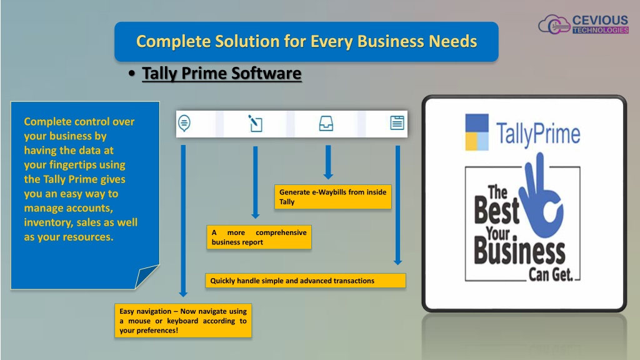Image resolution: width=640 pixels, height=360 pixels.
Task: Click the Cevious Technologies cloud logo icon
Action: tap(554, 24)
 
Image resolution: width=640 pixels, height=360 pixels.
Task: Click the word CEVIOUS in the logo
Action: tap(600, 20)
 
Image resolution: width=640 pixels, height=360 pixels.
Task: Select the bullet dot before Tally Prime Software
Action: tap(131, 74)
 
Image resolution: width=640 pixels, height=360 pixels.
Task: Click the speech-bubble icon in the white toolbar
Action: tap(184, 123)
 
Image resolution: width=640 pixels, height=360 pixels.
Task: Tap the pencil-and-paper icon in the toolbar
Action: tap(255, 123)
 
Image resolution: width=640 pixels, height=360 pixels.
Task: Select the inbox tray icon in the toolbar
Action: tap(326, 123)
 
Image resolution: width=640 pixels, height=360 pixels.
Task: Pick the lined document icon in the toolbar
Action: tap(397, 123)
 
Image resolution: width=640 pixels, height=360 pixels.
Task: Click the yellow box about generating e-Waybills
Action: tap(332, 197)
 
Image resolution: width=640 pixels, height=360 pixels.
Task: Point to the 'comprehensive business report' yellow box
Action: tap(259, 237)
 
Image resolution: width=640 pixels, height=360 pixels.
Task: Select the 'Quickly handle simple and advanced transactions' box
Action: tap(305, 281)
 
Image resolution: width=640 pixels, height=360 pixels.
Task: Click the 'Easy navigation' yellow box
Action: tap(183, 321)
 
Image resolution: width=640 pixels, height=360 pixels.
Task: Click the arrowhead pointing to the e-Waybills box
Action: tap(328, 176)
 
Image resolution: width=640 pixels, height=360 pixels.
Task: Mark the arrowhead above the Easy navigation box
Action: tap(183, 294)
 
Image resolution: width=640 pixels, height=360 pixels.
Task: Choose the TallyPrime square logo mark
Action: tap(477, 132)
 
